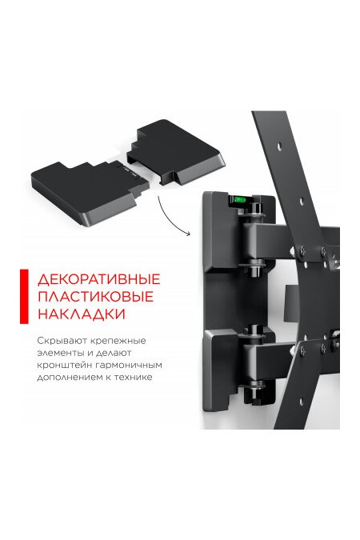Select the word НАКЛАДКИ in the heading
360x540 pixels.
(x=74, y=314)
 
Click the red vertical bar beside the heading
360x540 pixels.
(x=23, y=297)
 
